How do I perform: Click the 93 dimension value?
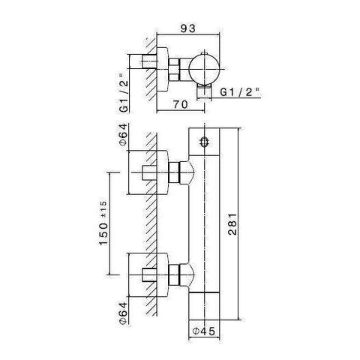point(188,28)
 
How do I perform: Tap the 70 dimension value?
point(180,104)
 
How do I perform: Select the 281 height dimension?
point(232,224)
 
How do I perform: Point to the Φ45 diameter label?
point(204,331)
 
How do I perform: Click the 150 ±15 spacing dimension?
point(103,223)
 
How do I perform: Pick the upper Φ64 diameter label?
point(124,134)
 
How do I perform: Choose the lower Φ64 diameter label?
point(124,313)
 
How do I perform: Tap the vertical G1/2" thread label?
point(124,92)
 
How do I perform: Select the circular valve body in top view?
point(204,69)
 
